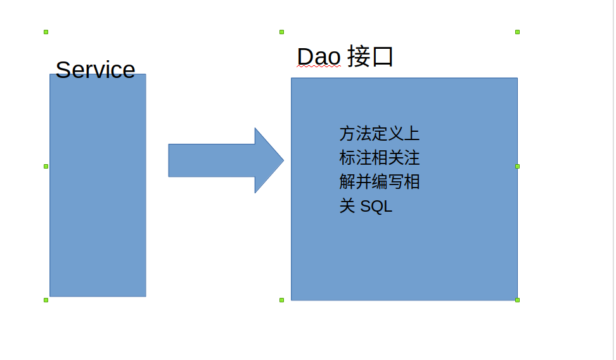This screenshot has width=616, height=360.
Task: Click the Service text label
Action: coord(95,70)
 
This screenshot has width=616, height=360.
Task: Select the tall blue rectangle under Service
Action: coord(98,190)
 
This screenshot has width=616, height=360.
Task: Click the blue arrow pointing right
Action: coord(215,160)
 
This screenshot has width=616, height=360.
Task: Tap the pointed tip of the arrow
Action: coord(282,160)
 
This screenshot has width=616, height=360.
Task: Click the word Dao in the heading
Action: coord(319,57)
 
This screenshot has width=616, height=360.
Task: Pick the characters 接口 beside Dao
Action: coord(371,57)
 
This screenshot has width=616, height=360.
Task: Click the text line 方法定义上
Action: coord(379,134)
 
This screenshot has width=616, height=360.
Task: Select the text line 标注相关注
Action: coord(379,158)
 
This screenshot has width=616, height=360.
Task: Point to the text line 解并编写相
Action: coord(379,183)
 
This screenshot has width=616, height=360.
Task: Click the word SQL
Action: coord(376,207)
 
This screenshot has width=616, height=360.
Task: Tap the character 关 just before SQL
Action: coord(347,207)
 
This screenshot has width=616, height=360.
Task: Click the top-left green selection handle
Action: coord(46,32)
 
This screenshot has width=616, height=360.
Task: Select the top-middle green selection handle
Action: coord(282,32)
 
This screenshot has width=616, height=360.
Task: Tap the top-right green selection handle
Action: coord(518,32)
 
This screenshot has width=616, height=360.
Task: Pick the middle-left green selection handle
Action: coord(46,166)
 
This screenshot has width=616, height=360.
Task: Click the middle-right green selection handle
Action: coord(518,166)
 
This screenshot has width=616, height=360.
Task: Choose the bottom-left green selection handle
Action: coord(46,300)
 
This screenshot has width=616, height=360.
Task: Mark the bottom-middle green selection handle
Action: coord(282,300)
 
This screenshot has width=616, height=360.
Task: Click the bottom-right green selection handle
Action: coord(518,300)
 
